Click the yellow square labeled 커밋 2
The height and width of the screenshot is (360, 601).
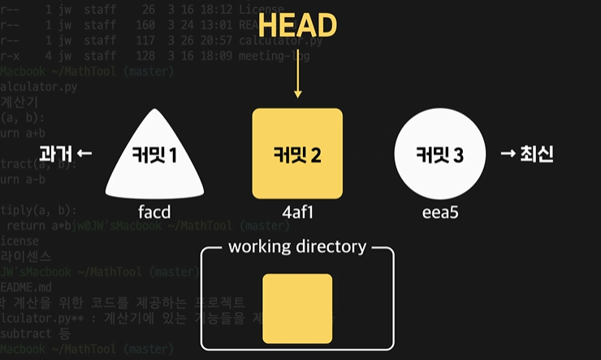pos(297,154)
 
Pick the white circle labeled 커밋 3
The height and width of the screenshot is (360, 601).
pos(439,154)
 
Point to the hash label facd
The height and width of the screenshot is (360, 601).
pos(154,213)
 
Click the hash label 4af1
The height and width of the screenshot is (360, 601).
pos(298,213)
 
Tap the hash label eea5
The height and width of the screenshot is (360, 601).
pos(439,213)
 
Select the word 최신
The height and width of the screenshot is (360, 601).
pos(538,154)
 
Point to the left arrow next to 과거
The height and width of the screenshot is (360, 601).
pos(85,154)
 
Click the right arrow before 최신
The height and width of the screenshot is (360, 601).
pos(508,154)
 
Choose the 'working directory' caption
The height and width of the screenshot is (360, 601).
pos(297,246)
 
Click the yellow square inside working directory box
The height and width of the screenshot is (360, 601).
pos(297,308)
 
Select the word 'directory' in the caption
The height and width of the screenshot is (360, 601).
pos(331,246)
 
